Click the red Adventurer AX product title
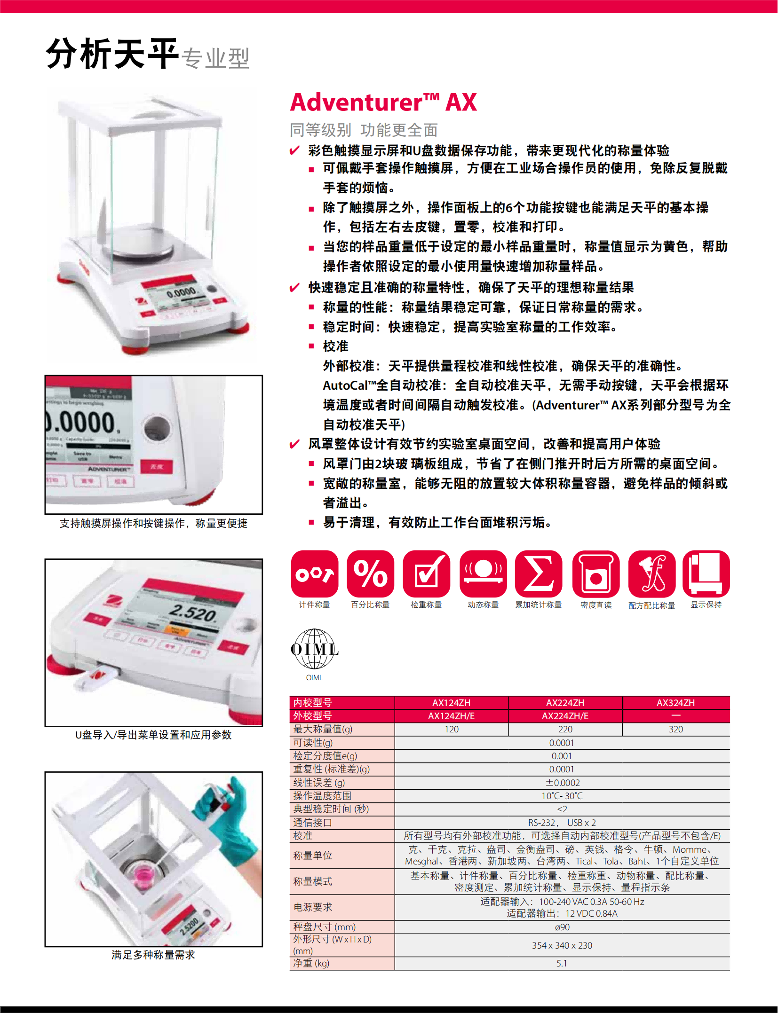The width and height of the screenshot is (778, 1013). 383,102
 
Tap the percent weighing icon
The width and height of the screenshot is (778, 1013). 371,573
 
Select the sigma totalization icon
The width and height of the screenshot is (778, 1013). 539,573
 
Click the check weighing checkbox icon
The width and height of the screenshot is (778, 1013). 427,573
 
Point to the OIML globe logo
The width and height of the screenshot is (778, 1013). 315,649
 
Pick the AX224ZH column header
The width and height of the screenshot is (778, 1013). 565,703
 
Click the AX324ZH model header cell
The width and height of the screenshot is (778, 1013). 676,703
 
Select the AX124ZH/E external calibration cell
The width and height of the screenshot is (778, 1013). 452,716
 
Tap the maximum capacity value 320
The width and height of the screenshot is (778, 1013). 676,729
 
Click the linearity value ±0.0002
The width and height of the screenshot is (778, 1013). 563,783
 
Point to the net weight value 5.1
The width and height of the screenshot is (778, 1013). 562,963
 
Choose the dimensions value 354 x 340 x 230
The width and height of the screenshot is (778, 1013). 562,945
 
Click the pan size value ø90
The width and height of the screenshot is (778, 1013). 562,927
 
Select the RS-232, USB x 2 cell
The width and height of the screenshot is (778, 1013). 562,823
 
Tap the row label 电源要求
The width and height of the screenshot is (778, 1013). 313,907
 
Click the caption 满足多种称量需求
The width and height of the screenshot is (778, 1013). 153,955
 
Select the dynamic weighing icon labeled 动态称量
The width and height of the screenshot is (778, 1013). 483,573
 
